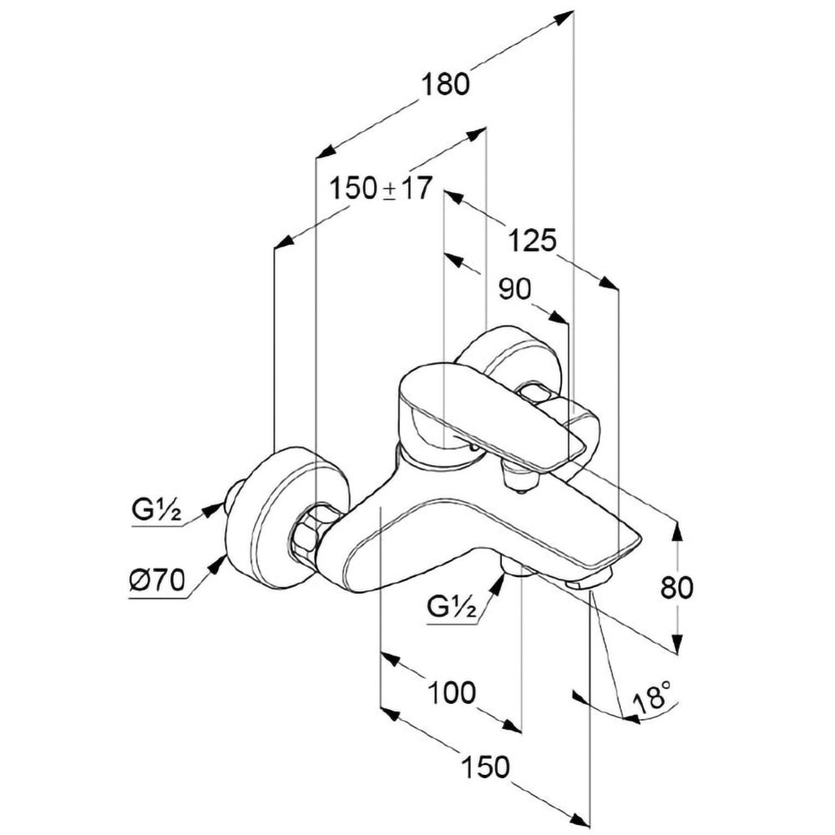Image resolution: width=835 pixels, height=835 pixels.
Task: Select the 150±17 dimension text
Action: click(x=380, y=189)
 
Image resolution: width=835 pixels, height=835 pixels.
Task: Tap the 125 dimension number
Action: click(x=533, y=241)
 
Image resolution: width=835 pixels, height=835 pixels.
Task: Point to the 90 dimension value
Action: click(x=514, y=290)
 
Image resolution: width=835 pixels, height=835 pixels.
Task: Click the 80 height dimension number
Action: click(x=676, y=587)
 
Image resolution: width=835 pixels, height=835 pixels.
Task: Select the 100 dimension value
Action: click(x=452, y=692)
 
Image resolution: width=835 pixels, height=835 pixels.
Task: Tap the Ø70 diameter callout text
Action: click(x=156, y=579)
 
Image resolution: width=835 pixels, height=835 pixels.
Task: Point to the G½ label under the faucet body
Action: click(x=452, y=608)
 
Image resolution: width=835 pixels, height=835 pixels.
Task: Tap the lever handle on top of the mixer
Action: click(x=484, y=413)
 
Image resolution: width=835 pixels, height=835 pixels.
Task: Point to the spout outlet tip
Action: click(x=590, y=582)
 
